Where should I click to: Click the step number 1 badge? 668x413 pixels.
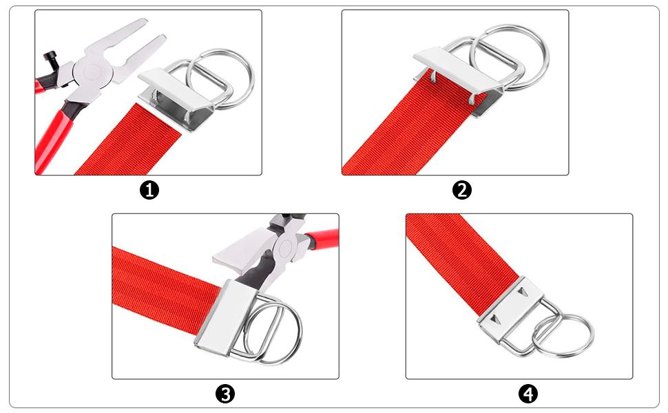click(x=149, y=190)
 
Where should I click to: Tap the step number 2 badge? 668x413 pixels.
click(x=462, y=190)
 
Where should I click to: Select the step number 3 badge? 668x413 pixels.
click(x=225, y=394)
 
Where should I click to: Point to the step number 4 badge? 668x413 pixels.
click(x=528, y=394)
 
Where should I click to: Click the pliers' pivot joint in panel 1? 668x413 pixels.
click(x=93, y=70)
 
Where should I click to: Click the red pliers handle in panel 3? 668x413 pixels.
click(x=322, y=236)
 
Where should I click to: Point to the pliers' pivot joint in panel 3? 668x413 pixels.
click(x=286, y=247)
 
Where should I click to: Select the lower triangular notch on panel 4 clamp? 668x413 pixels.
click(x=494, y=319)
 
